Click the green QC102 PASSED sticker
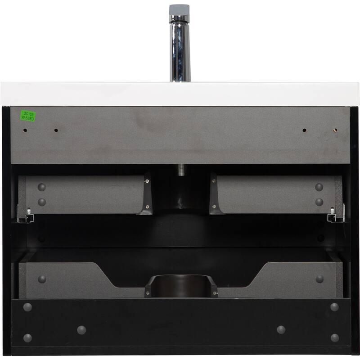click(28, 116)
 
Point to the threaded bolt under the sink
click(182, 170)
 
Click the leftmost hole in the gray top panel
click(25, 130)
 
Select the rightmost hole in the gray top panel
click(335, 130)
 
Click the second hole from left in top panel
click(56, 130)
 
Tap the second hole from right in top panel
click(305, 130)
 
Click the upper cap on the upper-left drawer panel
click(42, 187)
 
